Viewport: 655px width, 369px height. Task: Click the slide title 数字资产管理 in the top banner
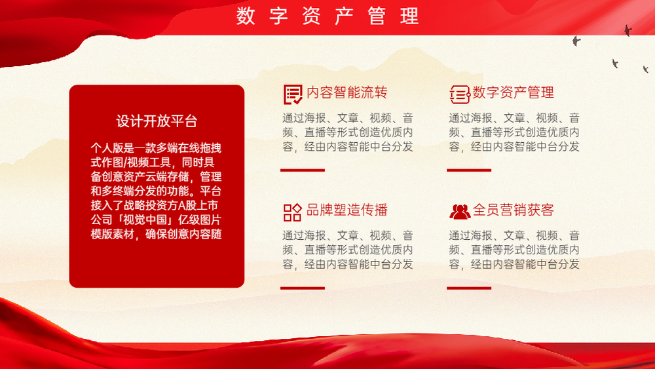point(327,16)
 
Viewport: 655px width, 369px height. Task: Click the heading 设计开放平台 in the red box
point(157,121)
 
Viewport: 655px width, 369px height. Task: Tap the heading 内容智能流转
point(346,92)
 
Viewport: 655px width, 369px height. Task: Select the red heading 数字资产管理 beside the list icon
point(514,92)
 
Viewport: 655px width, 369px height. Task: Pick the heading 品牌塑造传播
point(346,210)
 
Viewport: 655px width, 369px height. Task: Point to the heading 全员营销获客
point(514,210)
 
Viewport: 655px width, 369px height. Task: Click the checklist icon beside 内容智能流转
point(293,94)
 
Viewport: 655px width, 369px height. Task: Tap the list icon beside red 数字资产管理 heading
point(460,94)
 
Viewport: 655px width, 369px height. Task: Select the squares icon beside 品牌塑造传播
point(292,212)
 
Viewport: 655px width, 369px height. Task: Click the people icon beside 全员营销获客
point(460,212)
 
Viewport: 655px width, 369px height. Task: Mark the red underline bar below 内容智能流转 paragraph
point(303,170)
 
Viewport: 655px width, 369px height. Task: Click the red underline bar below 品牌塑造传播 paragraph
point(303,288)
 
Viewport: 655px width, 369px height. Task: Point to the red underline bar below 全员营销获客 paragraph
point(469,288)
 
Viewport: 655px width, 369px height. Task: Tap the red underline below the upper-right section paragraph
point(469,170)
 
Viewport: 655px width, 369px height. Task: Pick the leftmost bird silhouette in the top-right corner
point(576,41)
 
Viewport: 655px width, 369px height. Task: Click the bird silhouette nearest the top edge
point(627,30)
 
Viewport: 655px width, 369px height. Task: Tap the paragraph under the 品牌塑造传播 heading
point(348,250)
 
